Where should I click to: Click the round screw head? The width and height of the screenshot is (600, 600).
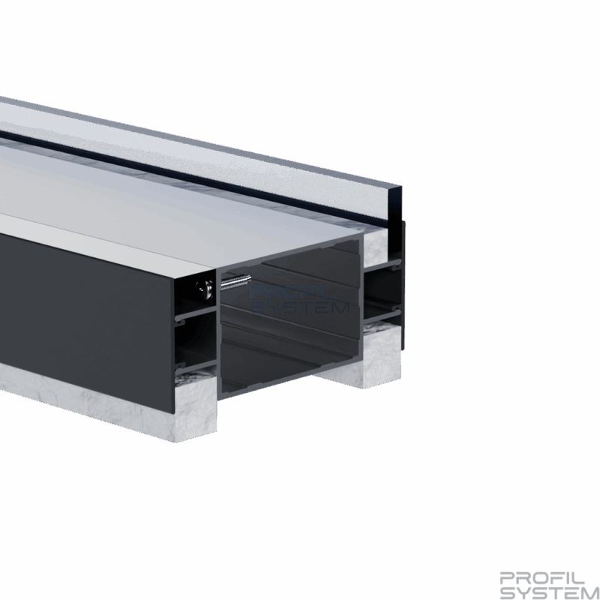(205, 288)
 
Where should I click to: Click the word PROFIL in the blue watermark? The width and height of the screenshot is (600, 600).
(292, 294)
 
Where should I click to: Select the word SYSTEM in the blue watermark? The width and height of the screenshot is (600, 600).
(300, 307)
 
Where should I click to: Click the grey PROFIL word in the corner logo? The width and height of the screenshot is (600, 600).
(541, 578)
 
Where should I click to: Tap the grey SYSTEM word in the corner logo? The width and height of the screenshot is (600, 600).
(550, 592)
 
